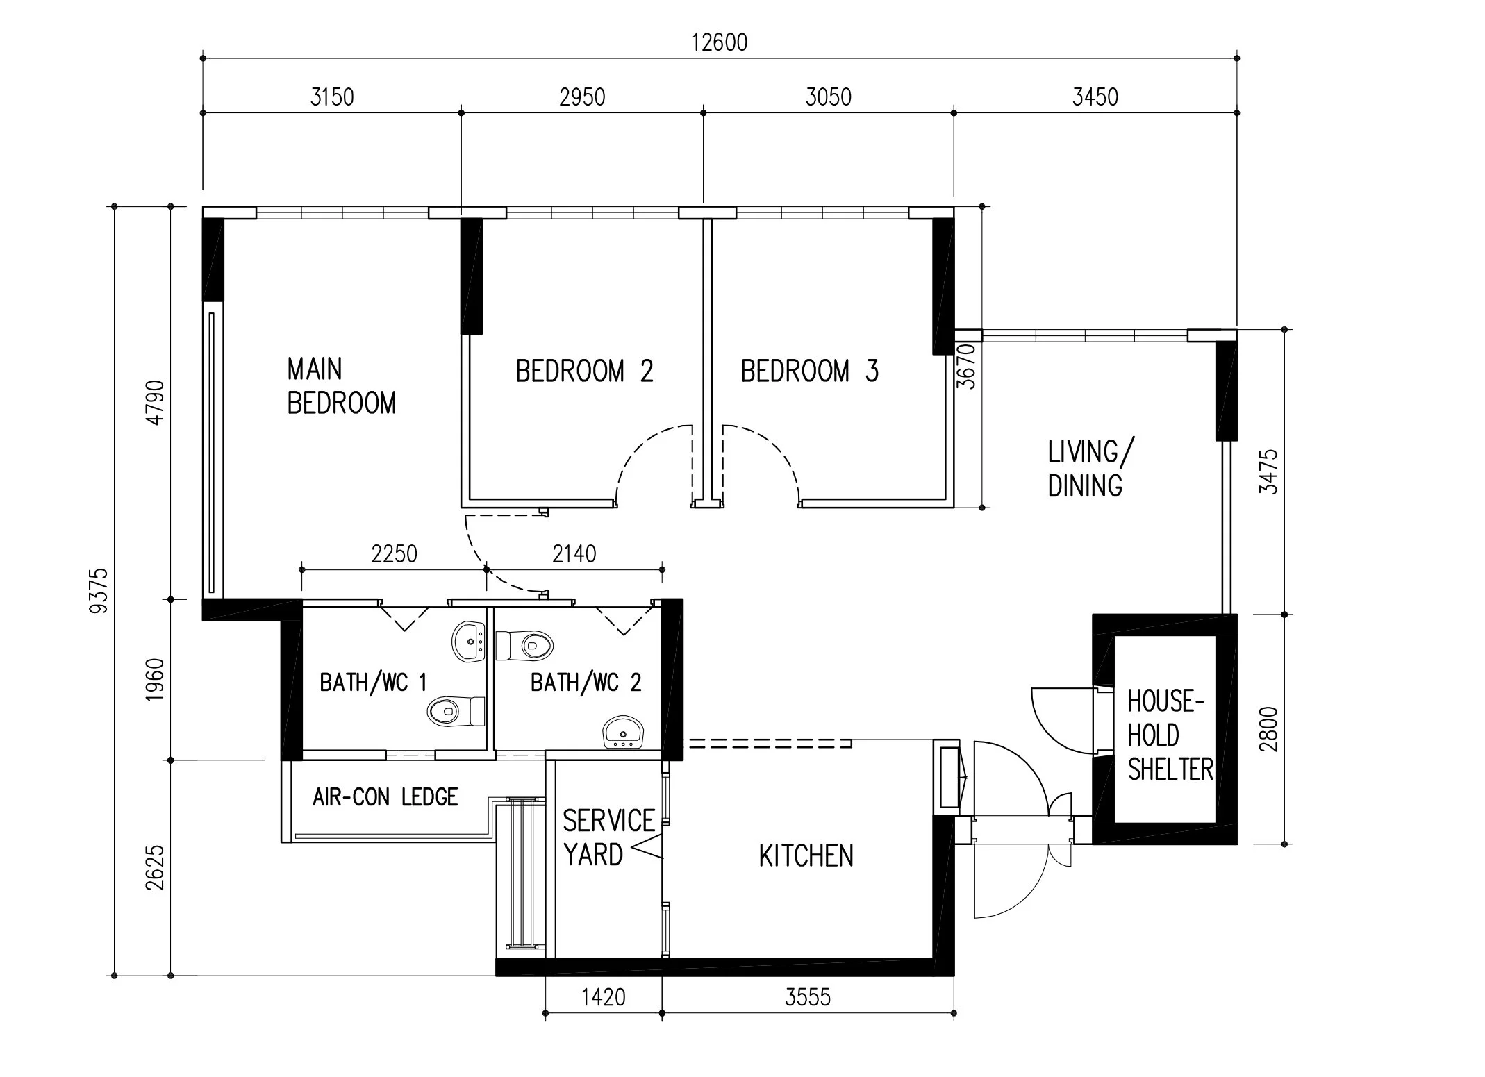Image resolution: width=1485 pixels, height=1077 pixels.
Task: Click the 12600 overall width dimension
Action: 720,42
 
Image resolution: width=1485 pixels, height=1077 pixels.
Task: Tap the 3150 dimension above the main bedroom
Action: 332,97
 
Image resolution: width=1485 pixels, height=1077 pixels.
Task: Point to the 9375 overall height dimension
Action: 99,590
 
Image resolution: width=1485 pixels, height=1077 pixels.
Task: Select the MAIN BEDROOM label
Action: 342,386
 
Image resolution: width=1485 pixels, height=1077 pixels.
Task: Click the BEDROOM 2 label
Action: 584,371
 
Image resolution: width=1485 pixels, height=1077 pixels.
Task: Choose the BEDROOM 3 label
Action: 810,371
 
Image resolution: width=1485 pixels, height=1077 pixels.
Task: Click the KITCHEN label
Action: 806,856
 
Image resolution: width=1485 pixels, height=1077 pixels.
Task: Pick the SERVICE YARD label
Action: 608,838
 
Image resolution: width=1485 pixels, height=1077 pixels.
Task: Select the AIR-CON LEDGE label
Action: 385,797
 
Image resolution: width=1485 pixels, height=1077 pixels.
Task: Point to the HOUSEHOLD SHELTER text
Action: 1170,735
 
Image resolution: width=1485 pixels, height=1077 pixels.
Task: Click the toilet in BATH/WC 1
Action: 456,711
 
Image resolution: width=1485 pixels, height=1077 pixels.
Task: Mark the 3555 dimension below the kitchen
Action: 808,998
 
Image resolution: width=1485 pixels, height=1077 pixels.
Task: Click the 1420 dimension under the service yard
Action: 603,998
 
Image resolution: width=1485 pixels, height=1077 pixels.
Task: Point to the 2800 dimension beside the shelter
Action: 1268,729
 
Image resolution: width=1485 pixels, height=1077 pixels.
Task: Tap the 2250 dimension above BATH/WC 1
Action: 395,554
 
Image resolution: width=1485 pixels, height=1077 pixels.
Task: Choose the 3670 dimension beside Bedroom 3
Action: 966,366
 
